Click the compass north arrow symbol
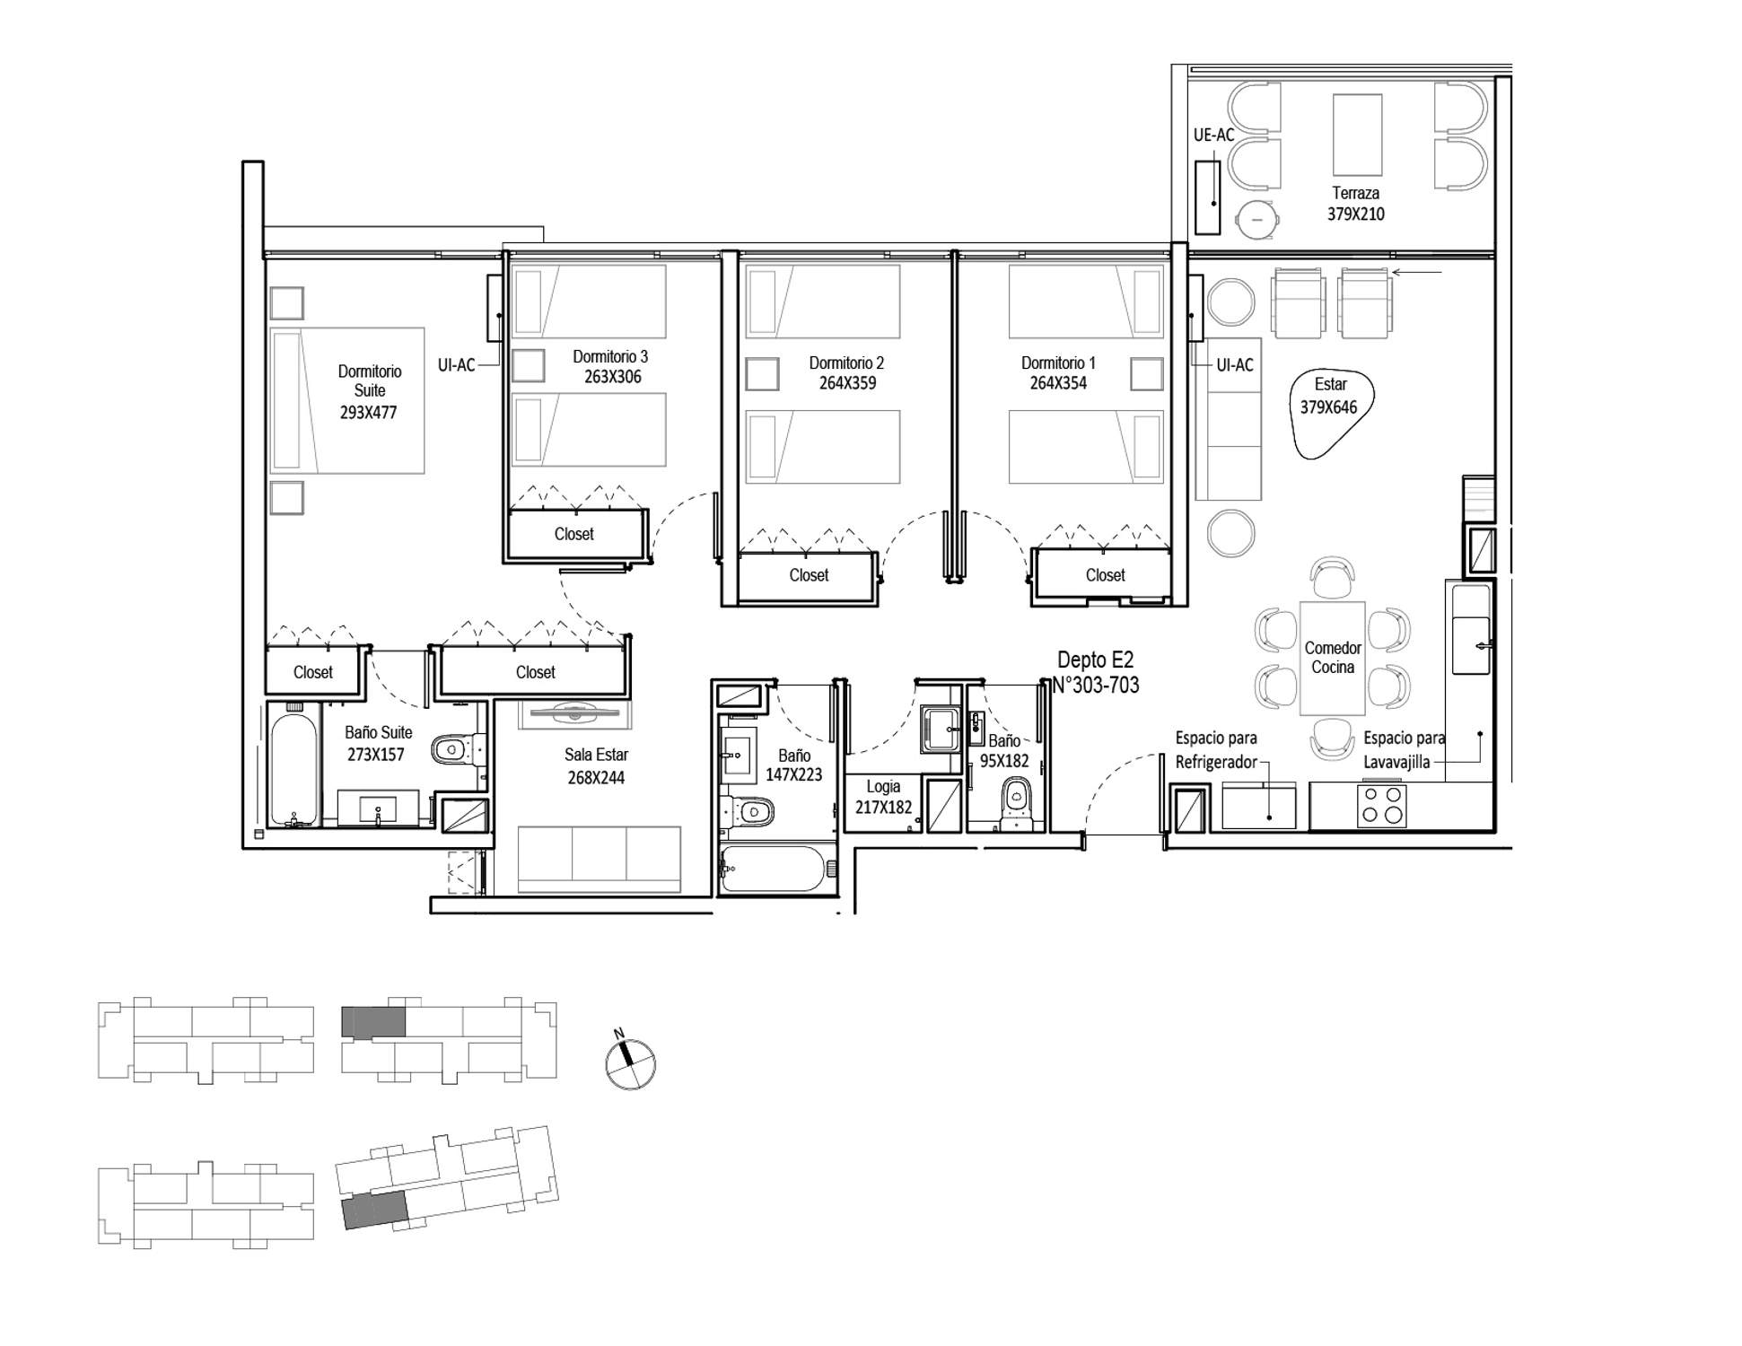pos(630,1062)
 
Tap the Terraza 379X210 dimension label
pos(1355,204)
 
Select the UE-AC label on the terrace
pos(1213,135)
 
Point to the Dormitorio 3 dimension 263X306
pos(613,377)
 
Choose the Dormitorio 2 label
pos(846,363)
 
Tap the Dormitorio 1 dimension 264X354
pos(1058,383)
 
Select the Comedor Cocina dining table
pos(1332,658)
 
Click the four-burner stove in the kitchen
pos(1382,805)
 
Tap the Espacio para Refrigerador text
pos(1216,750)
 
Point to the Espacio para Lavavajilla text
pos(1404,750)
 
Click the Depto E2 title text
pos(1095,660)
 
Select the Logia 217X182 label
pos(883,797)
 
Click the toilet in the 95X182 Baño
pos(1016,802)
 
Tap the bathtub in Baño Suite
pos(293,766)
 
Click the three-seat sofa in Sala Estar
pos(600,860)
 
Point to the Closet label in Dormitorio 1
pos(1105,575)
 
